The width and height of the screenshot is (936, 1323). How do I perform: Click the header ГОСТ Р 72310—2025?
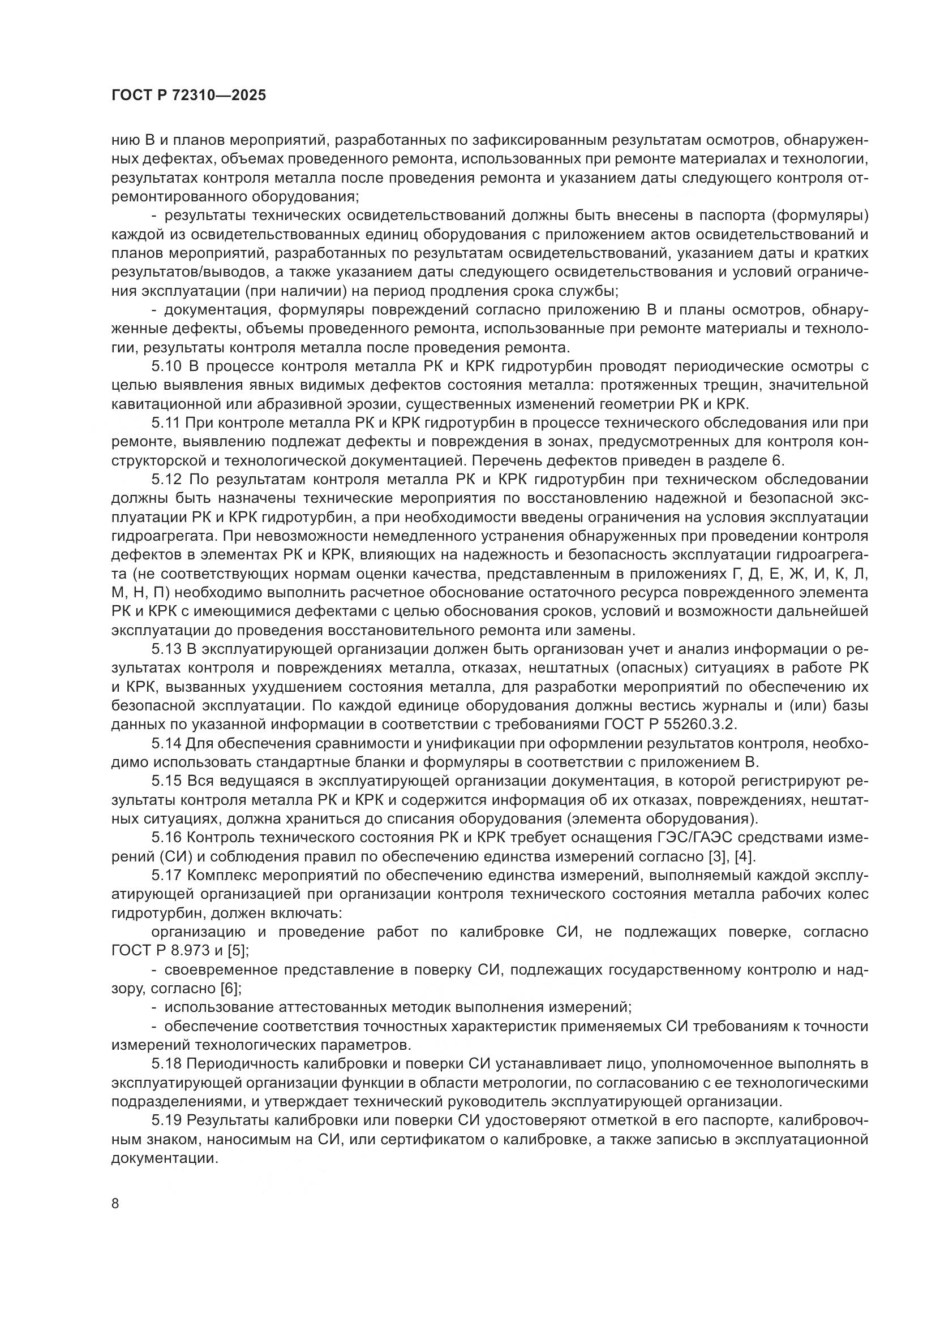[188, 96]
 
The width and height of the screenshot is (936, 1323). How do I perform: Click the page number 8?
[115, 1203]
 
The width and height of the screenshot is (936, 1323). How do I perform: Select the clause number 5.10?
[167, 366]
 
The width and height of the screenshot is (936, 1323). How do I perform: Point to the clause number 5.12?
[167, 479]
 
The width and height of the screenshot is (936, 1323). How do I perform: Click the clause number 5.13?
[167, 649]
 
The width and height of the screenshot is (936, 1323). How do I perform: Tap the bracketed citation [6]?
[230, 988]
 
